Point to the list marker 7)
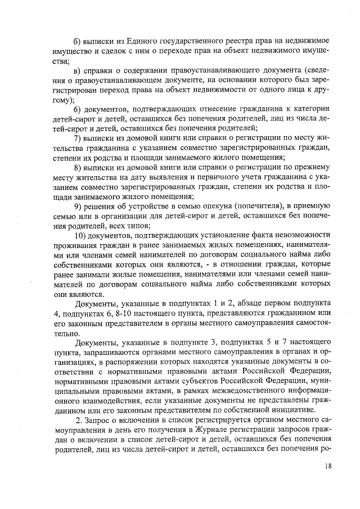[78, 139]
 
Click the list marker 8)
[78, 168]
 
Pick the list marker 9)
[78, 206]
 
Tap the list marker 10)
[81, 236]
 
